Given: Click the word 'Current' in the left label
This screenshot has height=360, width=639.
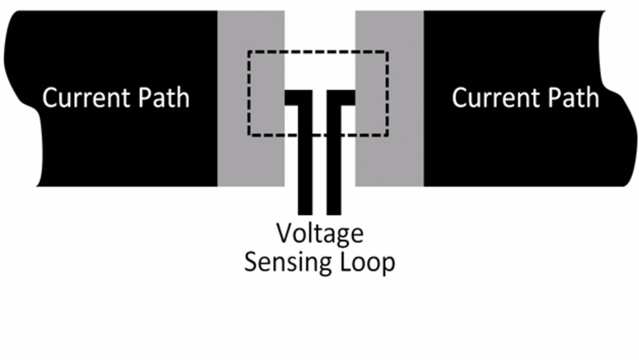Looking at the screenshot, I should pos(86,98).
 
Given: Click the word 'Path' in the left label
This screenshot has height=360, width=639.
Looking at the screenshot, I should pos(164,98).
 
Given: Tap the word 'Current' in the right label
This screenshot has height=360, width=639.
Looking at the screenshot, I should pos(495,98).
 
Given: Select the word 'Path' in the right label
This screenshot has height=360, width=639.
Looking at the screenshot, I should pos(574,98).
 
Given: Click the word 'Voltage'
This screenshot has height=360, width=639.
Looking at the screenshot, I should pos(320,234).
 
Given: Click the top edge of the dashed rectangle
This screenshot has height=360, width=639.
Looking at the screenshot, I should pos(319,51).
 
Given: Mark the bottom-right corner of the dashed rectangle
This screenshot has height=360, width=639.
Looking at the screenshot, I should pos(387,135).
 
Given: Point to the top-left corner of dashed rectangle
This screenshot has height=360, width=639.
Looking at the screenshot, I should pos(249,51).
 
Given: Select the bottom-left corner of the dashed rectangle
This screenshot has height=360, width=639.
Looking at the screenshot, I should pos(249,135).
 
